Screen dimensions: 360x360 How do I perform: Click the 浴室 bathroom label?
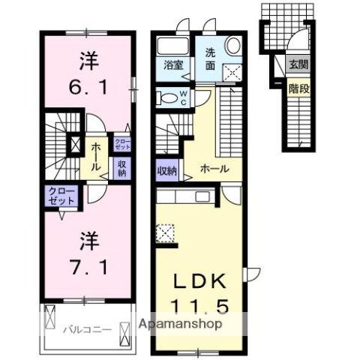pos(173,65)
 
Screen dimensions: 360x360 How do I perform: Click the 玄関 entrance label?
pos(298,64)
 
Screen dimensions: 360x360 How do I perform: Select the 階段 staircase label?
pos(298,88)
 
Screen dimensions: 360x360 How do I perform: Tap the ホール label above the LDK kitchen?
pos(214,169)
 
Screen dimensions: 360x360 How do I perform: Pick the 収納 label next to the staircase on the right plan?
pos(166,170)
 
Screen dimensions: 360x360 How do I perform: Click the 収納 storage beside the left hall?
pos(120,167)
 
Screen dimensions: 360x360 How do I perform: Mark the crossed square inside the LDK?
pos(165,233)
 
